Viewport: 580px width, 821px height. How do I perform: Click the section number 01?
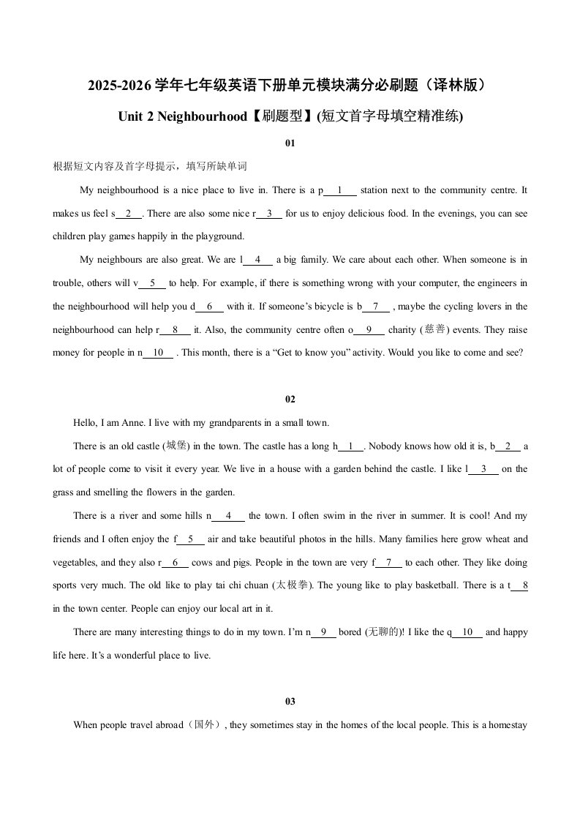click(x=290, y=143)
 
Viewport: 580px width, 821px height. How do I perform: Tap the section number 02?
click(x=290, y=399)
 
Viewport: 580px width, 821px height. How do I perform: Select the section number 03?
click(x=290, y=702)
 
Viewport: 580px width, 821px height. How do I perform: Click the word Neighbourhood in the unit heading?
click(x=202, y=116)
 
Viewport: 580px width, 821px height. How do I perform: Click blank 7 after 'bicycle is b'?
click(x=376, y=307)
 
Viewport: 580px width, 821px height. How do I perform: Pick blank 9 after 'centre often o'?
click(x=369, y=330)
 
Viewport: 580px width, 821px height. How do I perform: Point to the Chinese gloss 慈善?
click(x=434, y=329)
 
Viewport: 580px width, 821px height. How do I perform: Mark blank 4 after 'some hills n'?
click(x=229, y=516)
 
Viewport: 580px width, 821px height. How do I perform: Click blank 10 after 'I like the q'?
click(x=468, y=632)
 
